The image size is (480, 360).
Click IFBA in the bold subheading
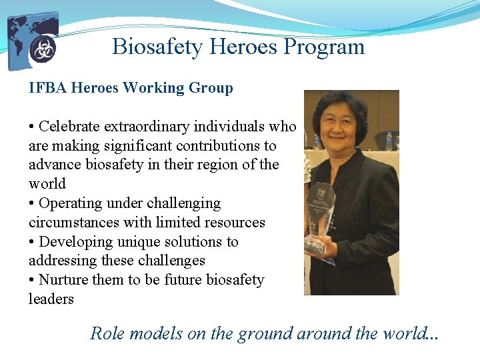[x=47, y=88]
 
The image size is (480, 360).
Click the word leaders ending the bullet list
[x=51, y=299]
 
